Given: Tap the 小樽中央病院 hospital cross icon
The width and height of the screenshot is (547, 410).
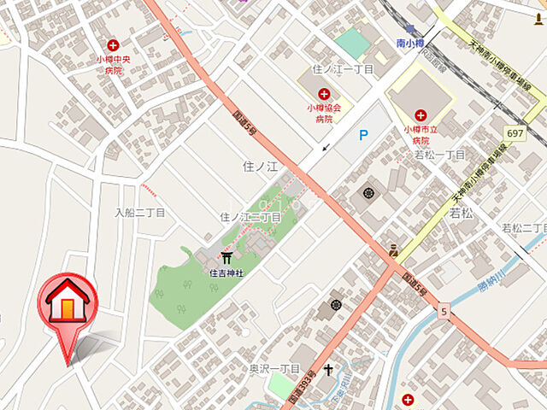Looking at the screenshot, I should [113, 44].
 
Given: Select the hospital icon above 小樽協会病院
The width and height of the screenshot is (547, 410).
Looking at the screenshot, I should [324, 93].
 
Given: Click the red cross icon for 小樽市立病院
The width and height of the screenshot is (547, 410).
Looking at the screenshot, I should [421, 114].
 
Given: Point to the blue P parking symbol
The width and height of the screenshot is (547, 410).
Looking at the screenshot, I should [363, 135].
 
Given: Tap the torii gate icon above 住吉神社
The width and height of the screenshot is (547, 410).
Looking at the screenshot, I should [227, 257].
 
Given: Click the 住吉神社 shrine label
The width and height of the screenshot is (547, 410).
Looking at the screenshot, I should [227, 272].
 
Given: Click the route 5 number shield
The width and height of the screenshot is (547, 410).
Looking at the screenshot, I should [444, 313].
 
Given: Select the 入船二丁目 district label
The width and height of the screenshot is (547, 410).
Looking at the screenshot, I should [139, 211].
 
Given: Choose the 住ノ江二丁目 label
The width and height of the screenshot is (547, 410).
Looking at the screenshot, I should [250, 218].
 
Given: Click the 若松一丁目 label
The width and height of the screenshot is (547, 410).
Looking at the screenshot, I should [439, 155].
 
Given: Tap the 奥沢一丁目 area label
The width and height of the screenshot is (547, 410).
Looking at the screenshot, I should [274, 368].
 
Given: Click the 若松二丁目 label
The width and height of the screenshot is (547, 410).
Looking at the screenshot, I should [523, 227].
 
